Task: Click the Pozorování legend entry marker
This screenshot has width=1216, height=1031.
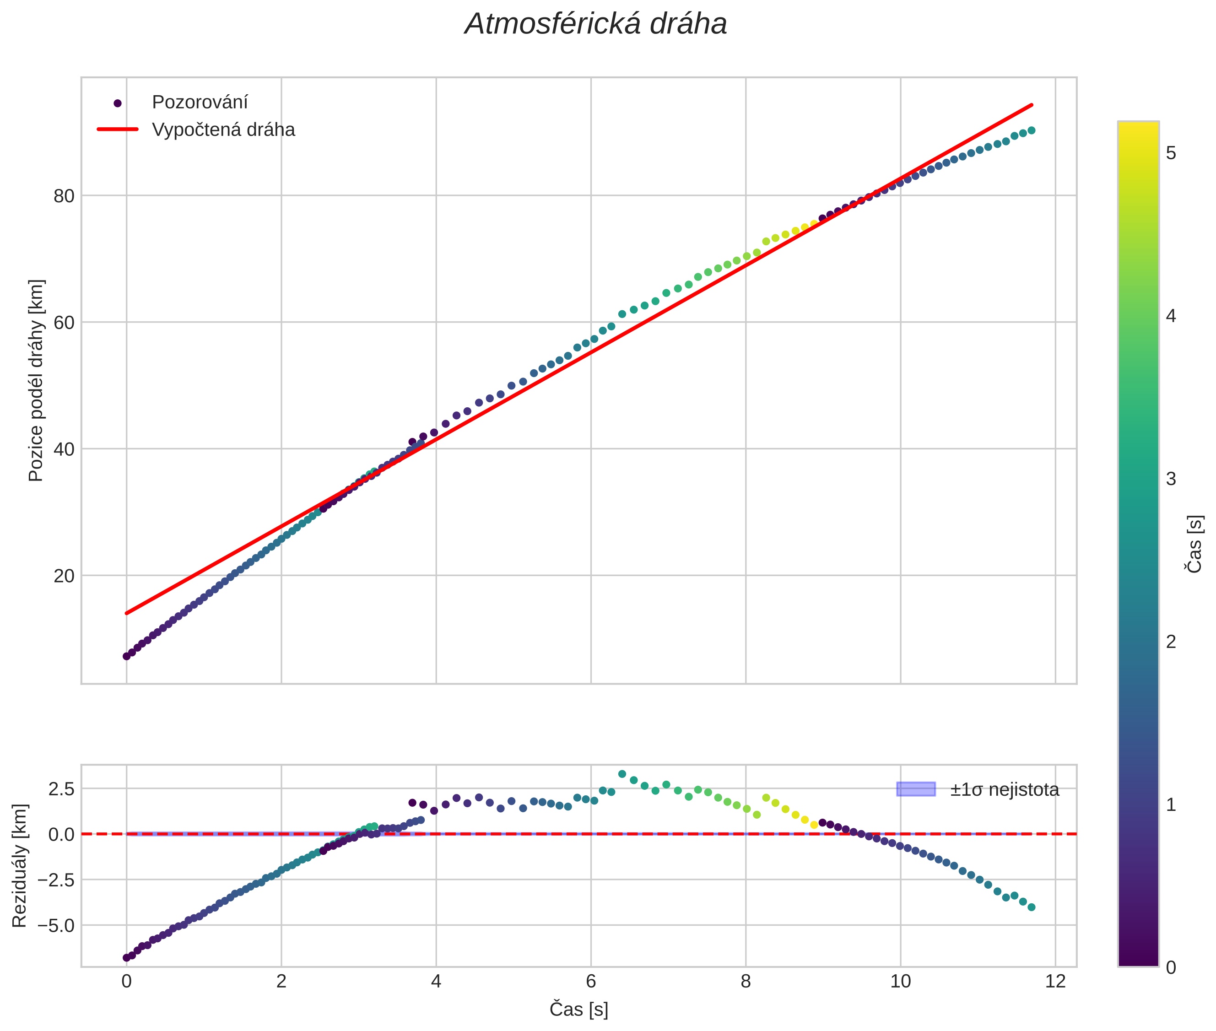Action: point(118,103)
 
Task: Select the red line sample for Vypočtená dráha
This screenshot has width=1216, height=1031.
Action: point(118,129)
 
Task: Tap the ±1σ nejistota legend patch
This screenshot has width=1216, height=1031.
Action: point(915,789)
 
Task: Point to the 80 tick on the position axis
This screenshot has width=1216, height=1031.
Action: point(65,196)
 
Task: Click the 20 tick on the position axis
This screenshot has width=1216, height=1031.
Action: point(65,576)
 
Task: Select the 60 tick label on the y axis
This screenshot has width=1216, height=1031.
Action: point(65,322)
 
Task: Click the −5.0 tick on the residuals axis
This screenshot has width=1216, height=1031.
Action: point(56,925)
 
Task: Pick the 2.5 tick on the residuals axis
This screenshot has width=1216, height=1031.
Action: point(61,788)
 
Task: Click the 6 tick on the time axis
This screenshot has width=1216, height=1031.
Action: point(590,981)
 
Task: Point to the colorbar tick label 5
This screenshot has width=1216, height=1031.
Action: point(1170,153)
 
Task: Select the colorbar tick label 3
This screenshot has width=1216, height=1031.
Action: point(1170,479)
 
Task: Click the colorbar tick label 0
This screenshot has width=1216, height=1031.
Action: point(1170,968)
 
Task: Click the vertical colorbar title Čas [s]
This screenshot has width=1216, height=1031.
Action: point(1195,544)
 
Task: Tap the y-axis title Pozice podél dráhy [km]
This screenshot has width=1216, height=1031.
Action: point(36,380)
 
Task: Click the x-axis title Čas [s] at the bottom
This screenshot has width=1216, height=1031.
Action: point(579,1009)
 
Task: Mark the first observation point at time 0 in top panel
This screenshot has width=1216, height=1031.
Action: point(126,656)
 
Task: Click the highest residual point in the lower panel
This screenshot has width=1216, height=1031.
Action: point(622,774)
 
